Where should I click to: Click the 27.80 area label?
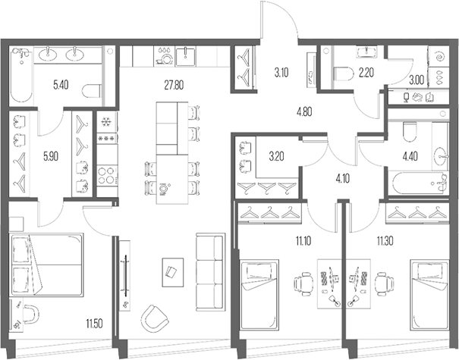[x=173, y=85]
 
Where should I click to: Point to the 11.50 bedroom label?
[x=94, y=325]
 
